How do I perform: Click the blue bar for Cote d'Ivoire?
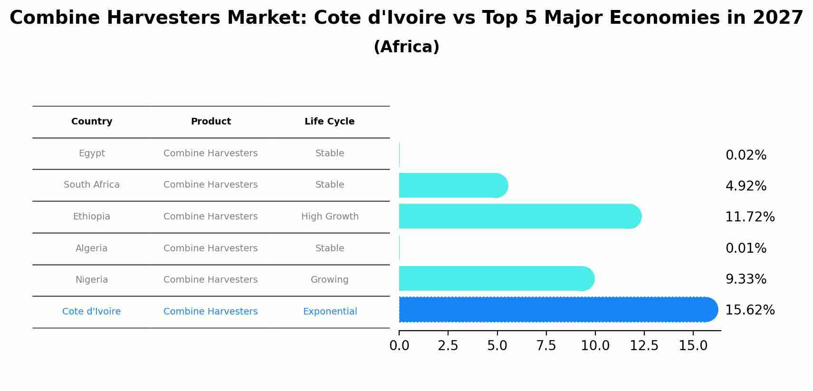point(556,310)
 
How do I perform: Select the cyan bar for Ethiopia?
point(518,216)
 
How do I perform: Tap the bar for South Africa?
point(451,185)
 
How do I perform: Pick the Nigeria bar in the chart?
point(494,278)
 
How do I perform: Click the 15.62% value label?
point(750,310)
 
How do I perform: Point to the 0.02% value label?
point(746,155)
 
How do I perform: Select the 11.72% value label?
point(750,217)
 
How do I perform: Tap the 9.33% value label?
point(746,279)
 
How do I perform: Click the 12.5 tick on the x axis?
point(644,346)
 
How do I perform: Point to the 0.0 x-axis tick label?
point(399,346)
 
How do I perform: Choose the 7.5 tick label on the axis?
point(546,346)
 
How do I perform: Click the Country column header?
point(92,122)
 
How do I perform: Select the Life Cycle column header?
point(329,122)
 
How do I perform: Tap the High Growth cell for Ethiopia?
point(330,217)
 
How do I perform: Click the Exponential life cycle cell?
point(330,312)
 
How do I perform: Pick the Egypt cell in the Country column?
point(92,153)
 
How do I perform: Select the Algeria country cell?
point(92,248)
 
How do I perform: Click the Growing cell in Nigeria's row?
point(329,280)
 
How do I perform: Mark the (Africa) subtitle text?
point(406,47)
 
